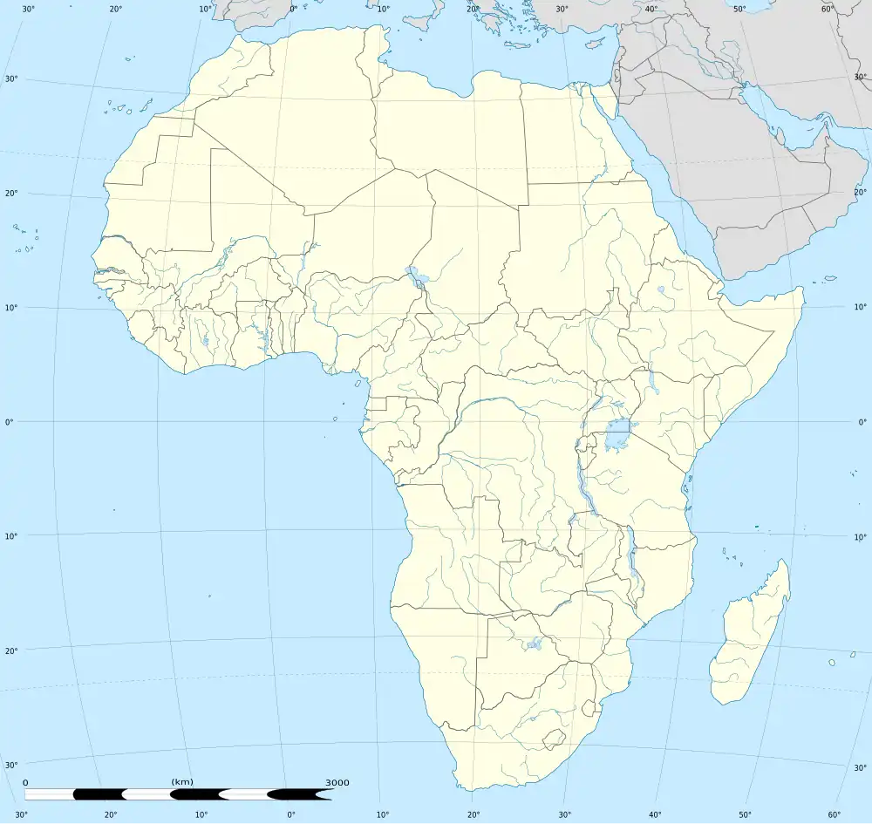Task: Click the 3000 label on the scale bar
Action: pos(337,782)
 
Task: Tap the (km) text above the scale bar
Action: pos(182,781)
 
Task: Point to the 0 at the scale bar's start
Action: pos(25,782)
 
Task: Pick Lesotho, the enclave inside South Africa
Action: pos(552,739)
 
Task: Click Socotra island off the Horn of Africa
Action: pos(827,281)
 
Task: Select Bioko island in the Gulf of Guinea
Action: pos(358,383)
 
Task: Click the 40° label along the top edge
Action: pos(651,9)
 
